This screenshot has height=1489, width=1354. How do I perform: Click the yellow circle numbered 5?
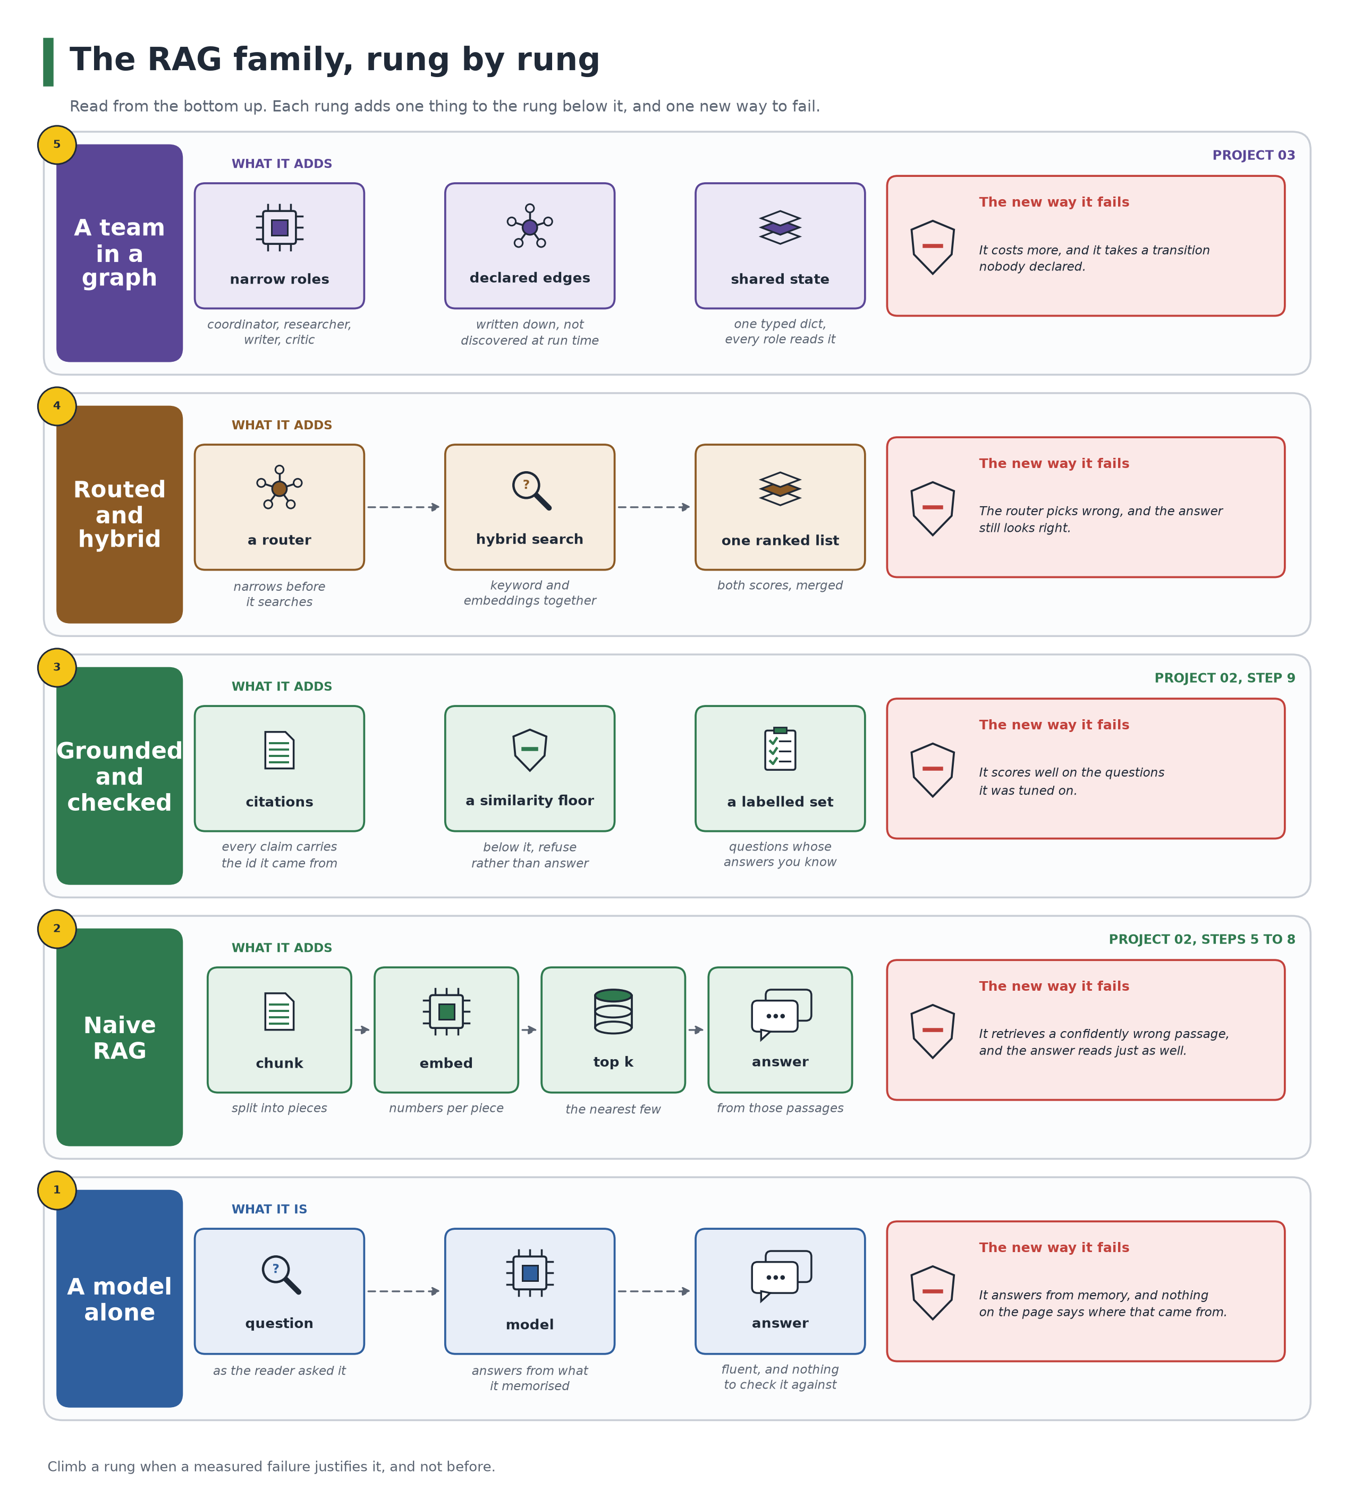(57, 145)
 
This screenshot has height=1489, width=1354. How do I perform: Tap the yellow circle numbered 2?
(57, 929)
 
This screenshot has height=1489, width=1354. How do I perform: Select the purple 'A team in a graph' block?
(120, 253)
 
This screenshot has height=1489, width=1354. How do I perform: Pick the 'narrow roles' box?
(279, 246)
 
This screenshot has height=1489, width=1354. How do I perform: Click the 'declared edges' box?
(530, 246)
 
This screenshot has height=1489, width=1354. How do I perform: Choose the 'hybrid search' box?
(530, 507)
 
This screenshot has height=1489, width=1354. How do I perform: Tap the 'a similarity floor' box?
(530, 769)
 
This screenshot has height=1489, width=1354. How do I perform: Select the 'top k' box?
(613, 1031)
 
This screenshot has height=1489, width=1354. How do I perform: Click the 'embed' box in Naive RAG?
(446, 1031)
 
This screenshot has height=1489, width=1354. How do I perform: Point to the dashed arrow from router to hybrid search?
(404, 507)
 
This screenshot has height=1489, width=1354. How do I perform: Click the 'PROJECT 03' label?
(1254, 156)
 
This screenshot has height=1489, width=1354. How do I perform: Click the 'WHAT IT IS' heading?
(269, 1210)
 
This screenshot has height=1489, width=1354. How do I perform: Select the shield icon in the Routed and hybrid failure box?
(933, 509)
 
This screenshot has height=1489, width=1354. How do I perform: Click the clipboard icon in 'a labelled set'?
(780, 749)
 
